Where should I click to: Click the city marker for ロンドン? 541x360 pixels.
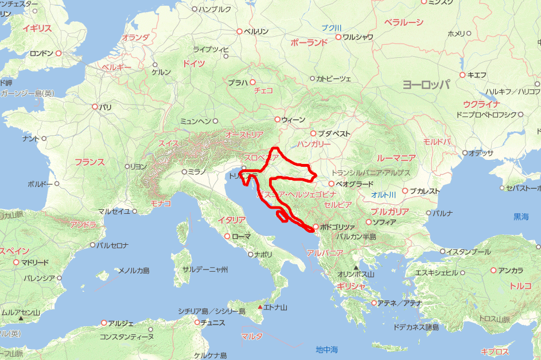click(59, 53)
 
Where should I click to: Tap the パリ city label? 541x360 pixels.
click(105, 107)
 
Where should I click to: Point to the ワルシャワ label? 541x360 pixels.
click(357, 37)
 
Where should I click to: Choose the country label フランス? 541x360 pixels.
click(89, 162)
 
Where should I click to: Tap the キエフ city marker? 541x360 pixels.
click(462, 75)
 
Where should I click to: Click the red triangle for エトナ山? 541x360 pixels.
click(260, 308)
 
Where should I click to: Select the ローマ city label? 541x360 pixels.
click(241, 236)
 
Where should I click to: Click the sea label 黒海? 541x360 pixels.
click(521, 217)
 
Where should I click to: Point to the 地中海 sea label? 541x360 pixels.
click(327, 349)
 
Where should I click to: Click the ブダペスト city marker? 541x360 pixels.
click(313, 133)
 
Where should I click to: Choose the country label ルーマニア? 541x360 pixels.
click(396, 158)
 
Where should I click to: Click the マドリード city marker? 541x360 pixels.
click(17, 263)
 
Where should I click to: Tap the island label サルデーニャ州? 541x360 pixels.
click(205, 269)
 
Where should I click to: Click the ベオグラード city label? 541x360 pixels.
click(355, 184)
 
